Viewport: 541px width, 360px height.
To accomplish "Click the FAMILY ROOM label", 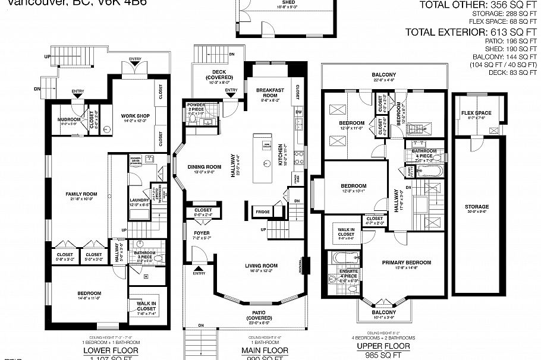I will click(78, 194).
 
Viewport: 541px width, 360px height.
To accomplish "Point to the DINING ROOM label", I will click(205, 167).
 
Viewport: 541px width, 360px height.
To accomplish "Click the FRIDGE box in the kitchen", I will click(262, 211).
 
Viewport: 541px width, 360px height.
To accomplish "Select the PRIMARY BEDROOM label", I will click(406, 262).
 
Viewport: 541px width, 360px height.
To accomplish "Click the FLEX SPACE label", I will click(476, 113).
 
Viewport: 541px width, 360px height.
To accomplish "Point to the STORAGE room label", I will click(477, 207).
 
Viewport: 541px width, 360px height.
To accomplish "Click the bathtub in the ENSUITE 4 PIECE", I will click(336, 258).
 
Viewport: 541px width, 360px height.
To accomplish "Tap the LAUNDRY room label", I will click(139, 200).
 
